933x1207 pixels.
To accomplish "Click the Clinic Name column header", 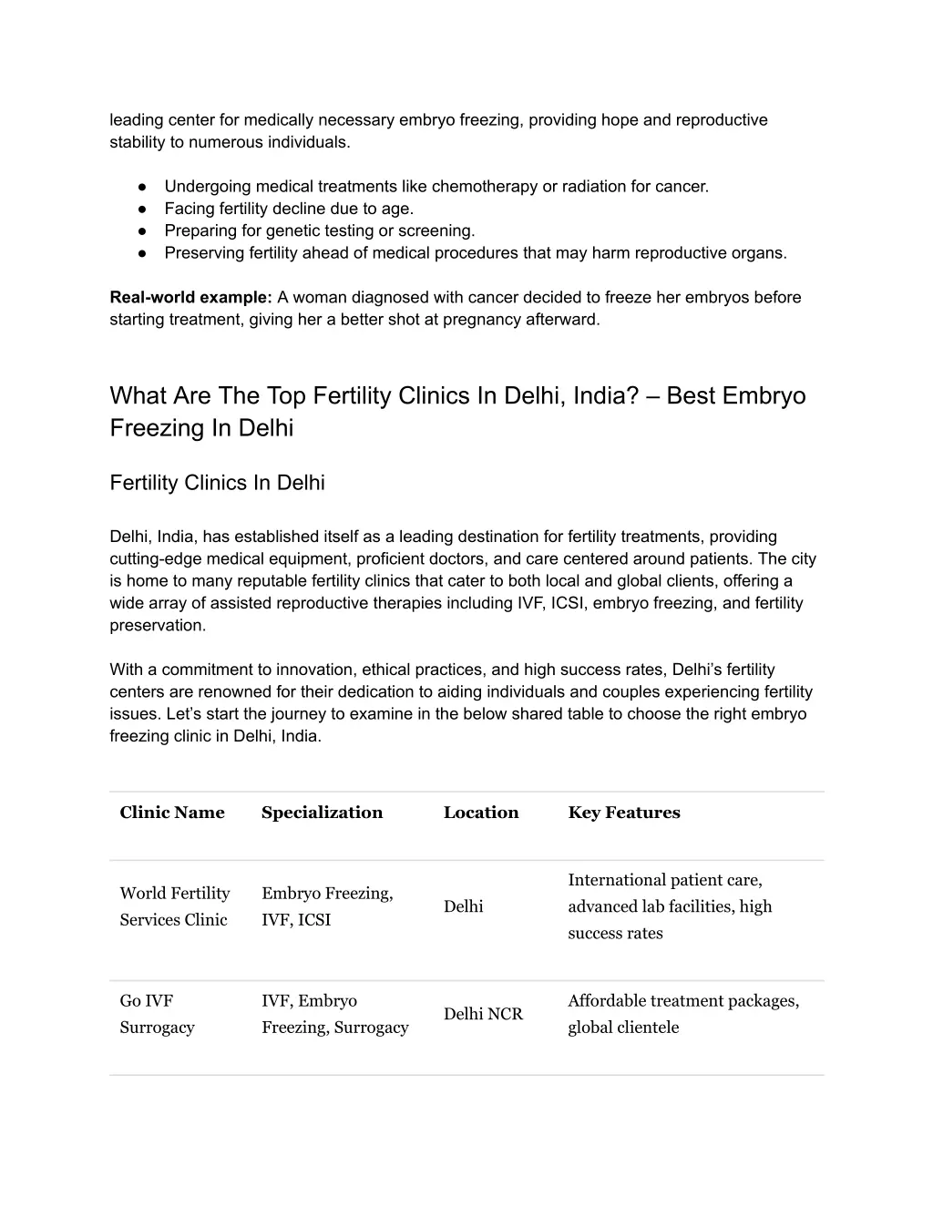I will click(x=172, y=813).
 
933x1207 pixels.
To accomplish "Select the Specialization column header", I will click(x=322, y=813).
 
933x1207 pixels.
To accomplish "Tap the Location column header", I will click(x=481, y=813).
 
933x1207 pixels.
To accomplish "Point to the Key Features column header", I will click(x=624, y=813).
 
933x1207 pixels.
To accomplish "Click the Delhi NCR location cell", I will click(x=483, y=1014).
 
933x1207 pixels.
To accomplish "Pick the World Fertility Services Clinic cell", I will click(x=174, y=906).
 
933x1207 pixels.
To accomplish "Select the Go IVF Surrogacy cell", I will click(x=157, y=1014).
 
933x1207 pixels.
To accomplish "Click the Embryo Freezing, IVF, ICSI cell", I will click(x=327, y=906).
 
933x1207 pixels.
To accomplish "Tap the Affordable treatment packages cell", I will click(x=683, y=1014).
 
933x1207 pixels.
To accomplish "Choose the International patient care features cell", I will click(x=670, y=906).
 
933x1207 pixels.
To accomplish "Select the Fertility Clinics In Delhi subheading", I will click(x=217, y=483).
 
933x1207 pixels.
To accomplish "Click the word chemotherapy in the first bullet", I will click(x=485, y=187).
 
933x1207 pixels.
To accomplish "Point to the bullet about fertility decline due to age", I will click(x=289, y=209).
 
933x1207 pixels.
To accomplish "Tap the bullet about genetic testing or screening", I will click(x=320, y=230).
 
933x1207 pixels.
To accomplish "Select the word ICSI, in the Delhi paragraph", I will click(x=570, y=603).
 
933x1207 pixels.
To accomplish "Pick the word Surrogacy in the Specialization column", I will click(x=371, y=1028).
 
